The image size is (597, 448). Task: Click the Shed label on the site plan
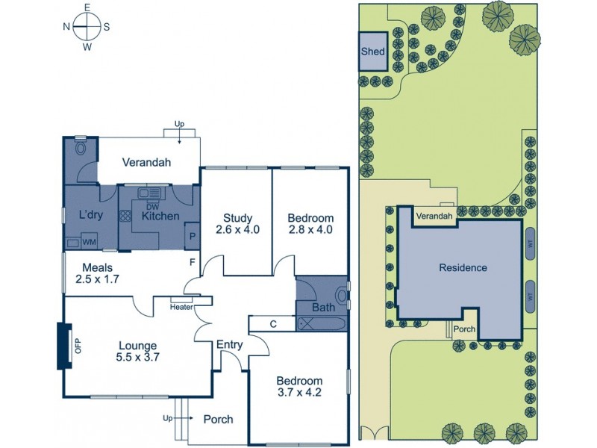(372, 52)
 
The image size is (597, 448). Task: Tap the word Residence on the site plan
(463, 267)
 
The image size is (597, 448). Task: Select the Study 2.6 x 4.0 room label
(237, 224)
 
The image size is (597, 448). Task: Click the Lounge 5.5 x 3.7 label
(137, 351)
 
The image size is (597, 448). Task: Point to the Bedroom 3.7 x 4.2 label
(298, 385)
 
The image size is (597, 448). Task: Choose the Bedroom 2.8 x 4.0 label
(310, 224)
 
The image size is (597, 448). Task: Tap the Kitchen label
(160, 217)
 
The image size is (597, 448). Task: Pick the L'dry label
(90, 216)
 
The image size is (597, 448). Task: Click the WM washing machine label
(89, 242)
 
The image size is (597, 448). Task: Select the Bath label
(322, 307)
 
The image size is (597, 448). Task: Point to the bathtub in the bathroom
(322, 324)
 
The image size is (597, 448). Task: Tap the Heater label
(181, 306)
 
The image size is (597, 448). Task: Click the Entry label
(228, 345)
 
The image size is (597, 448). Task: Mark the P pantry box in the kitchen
(193, 236)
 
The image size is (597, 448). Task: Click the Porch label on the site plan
(465, 328)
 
